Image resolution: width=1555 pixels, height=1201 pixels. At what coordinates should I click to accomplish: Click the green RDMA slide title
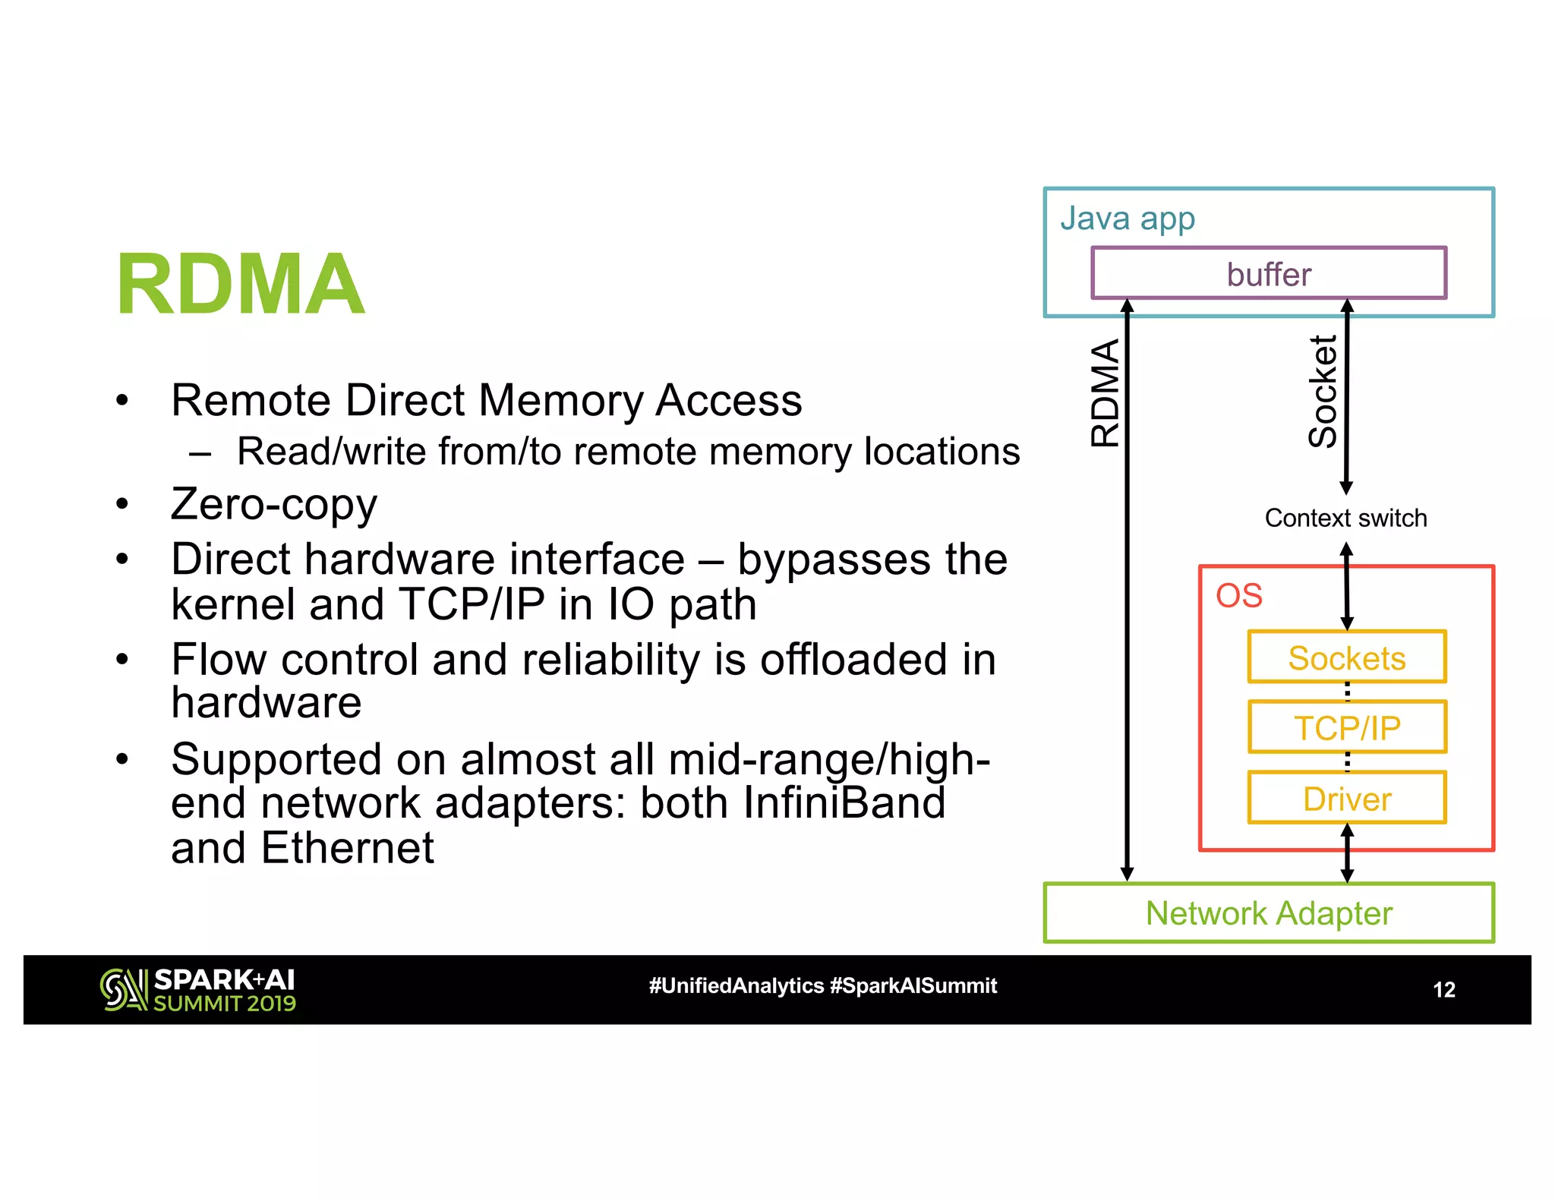tap(240, 284)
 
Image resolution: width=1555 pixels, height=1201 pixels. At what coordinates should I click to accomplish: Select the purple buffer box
tap(1268, 273)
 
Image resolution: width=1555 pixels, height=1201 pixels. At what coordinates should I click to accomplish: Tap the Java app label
tap(1128, 219)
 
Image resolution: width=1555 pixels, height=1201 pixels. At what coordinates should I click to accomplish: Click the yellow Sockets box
tap(1346, 657)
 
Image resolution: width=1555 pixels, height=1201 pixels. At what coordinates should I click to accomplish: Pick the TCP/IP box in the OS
tap(1346, 727)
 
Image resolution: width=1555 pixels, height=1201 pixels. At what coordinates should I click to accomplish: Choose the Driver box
tap(1346, 798)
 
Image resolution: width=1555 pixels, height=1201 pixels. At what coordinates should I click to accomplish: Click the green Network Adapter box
tap(1268, 913)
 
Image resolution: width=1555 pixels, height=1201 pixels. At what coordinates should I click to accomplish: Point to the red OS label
tap(1238, 596)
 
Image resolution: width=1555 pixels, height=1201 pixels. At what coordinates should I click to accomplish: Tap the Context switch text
tap(1345, 518)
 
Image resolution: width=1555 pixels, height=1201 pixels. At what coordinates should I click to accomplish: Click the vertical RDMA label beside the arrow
tap(1106, 393)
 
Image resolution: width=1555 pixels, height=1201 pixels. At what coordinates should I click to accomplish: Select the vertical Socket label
tap(1323, 392)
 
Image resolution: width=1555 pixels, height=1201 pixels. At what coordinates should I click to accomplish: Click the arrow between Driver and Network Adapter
tap(1347, 853)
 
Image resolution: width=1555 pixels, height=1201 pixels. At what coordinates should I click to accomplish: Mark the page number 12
tap(1443, 990)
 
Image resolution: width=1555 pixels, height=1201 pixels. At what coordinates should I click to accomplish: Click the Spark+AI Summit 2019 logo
tap(198, 990)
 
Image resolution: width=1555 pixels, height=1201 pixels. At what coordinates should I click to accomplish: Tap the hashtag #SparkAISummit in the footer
tap(913, 986)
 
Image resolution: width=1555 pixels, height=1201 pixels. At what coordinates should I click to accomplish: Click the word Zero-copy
tap(273, 505)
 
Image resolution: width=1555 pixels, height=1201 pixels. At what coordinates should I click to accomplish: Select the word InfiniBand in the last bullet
tap(844, 803)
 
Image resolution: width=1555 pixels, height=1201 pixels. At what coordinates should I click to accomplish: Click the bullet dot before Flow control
tap(122, 659)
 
